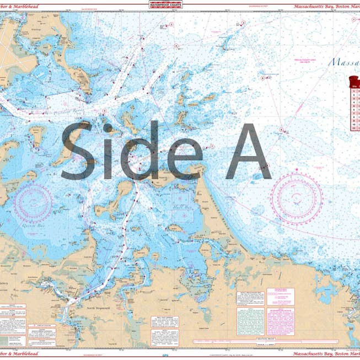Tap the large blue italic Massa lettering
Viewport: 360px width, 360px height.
coord(344,62)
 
